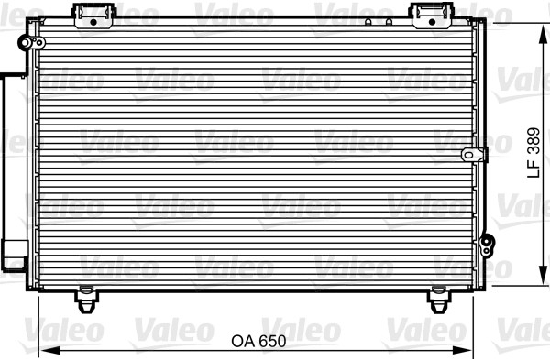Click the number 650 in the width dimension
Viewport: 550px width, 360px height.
click(x=272, y=341)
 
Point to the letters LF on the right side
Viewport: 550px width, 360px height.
click(x=533, y=169)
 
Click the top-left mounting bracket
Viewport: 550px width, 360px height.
click(x=93, y=16)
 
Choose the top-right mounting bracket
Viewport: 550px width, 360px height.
click(x=432, y=16)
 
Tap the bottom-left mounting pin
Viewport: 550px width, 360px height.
click(x=86, y=300)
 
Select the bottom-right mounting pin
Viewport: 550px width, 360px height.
click(x=439, y=300)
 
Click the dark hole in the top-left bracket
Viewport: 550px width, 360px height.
click(x=93, y=22)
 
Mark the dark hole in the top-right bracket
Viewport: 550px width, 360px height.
click(x=432, y=22)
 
